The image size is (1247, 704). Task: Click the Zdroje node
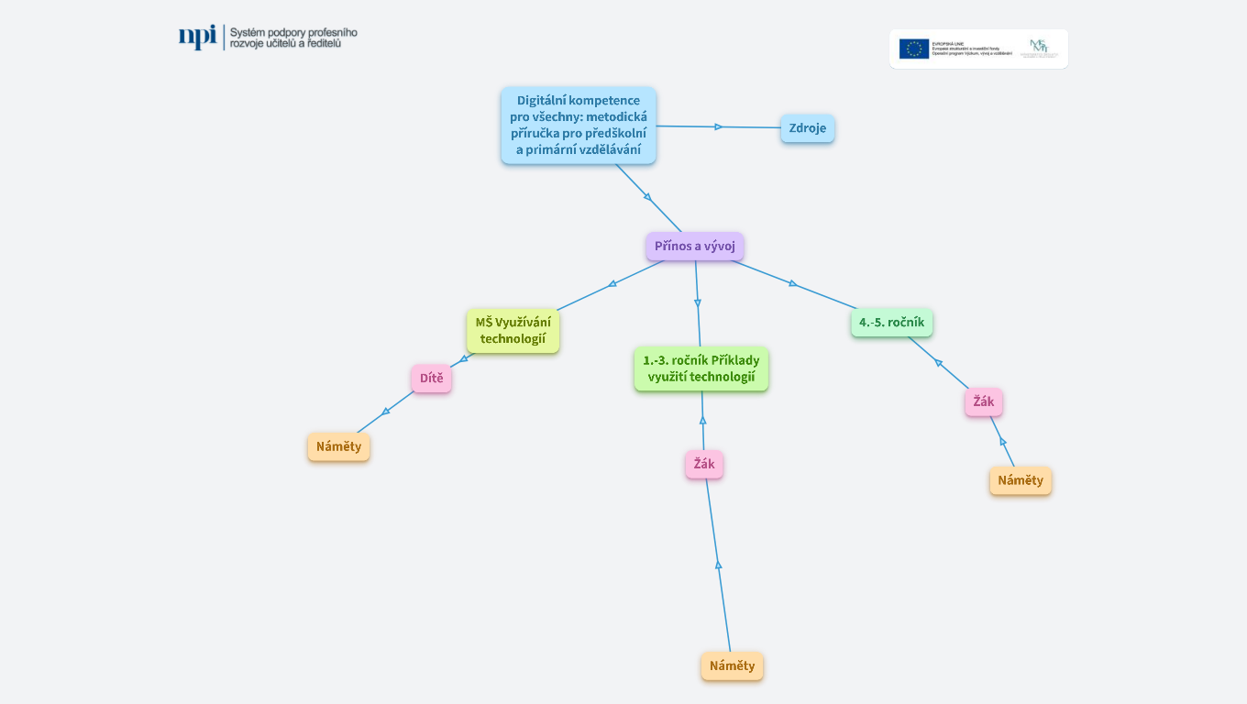807,128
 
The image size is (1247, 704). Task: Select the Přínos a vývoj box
694,246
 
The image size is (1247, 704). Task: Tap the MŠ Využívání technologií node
513,331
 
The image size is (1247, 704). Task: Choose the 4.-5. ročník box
891,322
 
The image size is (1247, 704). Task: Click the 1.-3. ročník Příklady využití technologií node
701,368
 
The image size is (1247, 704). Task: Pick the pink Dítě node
431,378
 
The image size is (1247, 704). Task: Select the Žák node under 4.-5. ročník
983,401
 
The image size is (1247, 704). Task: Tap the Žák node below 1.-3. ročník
703,464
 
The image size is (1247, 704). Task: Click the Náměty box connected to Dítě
338,446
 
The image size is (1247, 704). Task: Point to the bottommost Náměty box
732,665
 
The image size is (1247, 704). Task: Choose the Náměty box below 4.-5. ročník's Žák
1020,480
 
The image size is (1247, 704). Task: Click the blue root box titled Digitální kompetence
578,126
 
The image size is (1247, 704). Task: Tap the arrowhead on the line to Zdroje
719,126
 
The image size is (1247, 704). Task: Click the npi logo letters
197,37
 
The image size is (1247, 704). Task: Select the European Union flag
913,49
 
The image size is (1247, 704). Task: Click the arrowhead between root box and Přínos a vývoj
647,196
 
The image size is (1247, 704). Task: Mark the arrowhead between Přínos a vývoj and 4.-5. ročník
793,284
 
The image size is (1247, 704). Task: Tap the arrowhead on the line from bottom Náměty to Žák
718,565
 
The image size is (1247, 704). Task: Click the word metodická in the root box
616,117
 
